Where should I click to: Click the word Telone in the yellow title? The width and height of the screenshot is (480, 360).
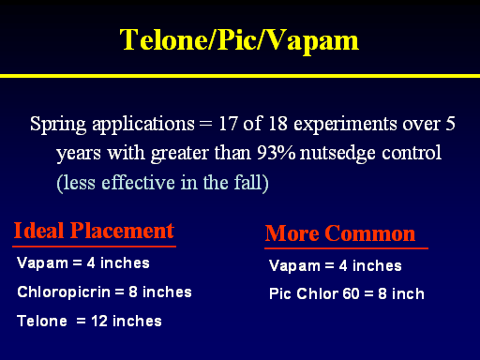(x=164, y=39)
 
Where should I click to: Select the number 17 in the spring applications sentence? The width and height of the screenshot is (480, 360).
(x=228, y=124)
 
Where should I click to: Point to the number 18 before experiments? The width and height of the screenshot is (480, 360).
(x=277, y=124)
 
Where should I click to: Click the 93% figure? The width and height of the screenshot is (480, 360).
(x=276, y=153)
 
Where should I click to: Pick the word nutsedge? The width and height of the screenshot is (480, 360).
(x=337, y=154)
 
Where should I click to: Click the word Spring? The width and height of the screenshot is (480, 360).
(x=58, y=125)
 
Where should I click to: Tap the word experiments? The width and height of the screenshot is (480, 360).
(x=345, y=125)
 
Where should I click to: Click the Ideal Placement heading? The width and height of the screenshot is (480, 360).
(x=94, y=231)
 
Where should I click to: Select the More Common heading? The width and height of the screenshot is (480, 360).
(x=340, y=233)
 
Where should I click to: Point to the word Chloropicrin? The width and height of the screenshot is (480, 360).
(x=64, y=292)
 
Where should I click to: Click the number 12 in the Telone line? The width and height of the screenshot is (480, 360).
(x=99, y=321)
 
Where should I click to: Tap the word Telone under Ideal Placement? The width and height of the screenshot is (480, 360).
(x=42, y=321)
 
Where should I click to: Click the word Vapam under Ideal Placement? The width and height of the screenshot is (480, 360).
(x=42, y=263)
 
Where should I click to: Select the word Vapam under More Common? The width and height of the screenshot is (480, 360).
(x=294, y=266)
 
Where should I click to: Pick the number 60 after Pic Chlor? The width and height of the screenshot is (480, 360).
(x=351, y=293)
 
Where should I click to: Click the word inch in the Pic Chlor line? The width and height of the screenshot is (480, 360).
(x=408, y=293)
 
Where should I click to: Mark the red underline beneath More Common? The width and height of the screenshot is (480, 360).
(x=346, y=248)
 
